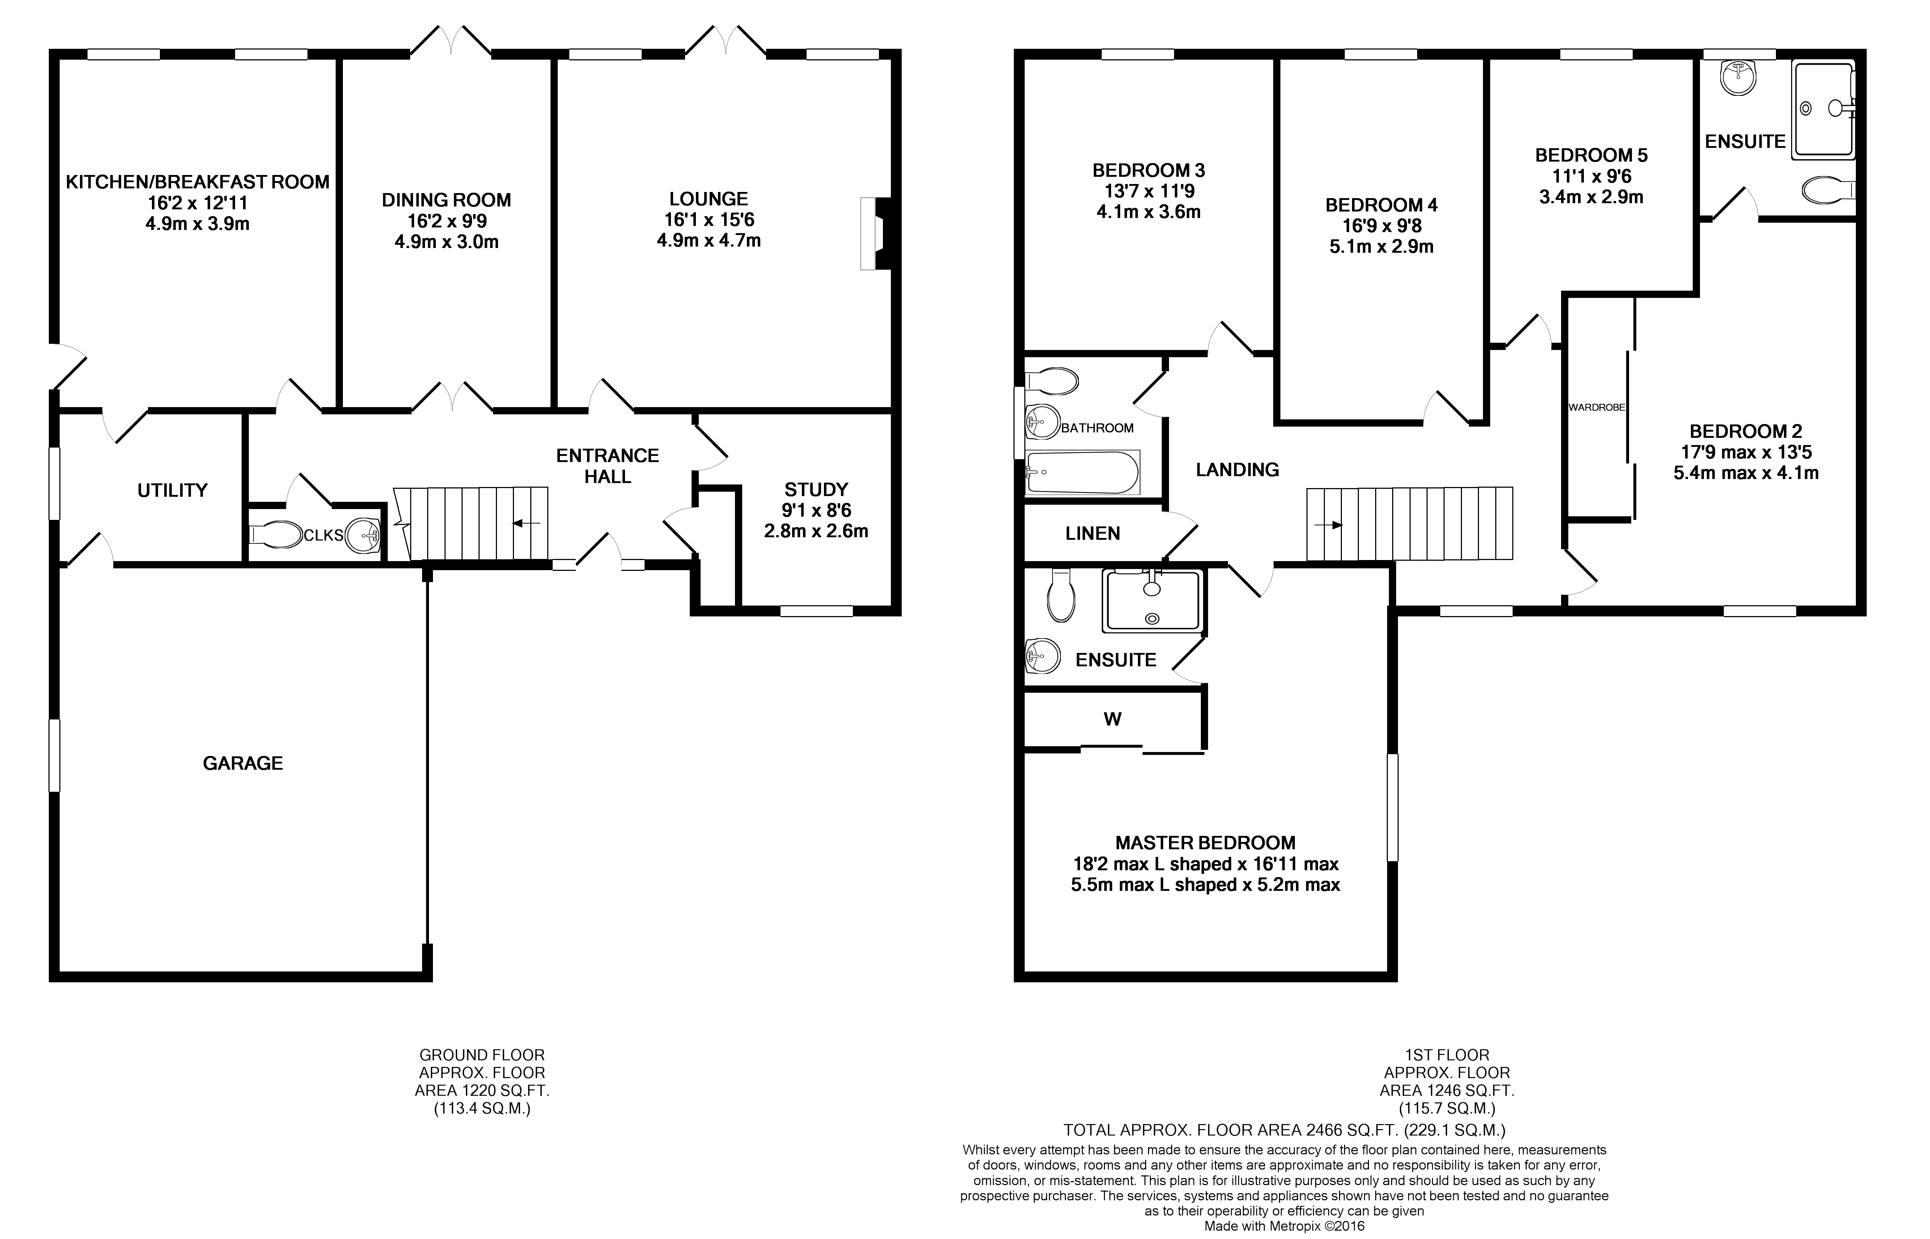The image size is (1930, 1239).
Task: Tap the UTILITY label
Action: pyautogui.click(x=172, y=490)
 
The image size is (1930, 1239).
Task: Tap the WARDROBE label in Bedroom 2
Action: pyautogui.click(x=1597, y=407)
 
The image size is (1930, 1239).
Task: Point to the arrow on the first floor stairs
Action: pyautogui.click(x=1328, y=525)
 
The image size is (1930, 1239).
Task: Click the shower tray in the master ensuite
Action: pyautogui.click(x=1153, y=600)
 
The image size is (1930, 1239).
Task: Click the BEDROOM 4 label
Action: pyautogui.click(x=1381, y=205)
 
